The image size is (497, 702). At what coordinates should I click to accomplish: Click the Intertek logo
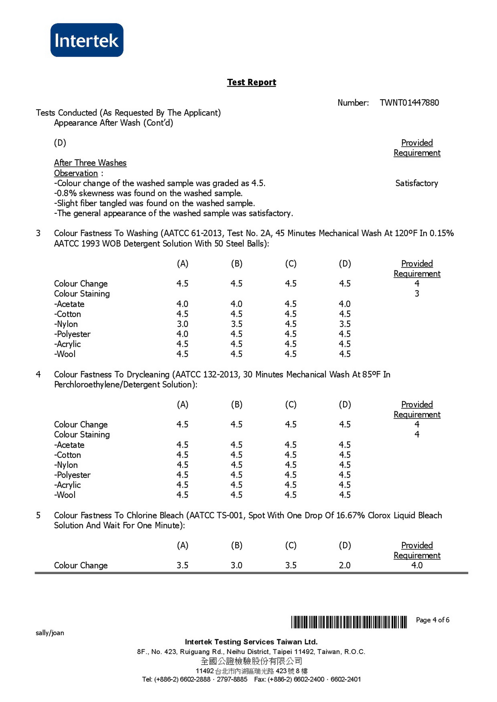click(87, 40)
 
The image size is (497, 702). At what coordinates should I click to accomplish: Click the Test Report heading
click(251, 82)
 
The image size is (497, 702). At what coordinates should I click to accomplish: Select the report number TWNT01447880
click(409, 103)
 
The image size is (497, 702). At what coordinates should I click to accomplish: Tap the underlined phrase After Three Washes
click(90, 163)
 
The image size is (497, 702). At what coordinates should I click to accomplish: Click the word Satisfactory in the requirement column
click(416, 183)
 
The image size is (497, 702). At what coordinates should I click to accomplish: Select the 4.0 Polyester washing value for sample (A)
click(182, 334)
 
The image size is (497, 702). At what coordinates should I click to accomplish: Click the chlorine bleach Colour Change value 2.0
click(345, 565)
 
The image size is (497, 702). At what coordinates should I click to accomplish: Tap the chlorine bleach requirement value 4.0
click(417, 565)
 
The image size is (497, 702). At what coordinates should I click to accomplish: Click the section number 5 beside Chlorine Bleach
click(38, 515)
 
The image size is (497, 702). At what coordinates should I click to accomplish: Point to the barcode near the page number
click(349, 622)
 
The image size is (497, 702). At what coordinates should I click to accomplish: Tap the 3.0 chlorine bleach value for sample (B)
click(236, 565)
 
